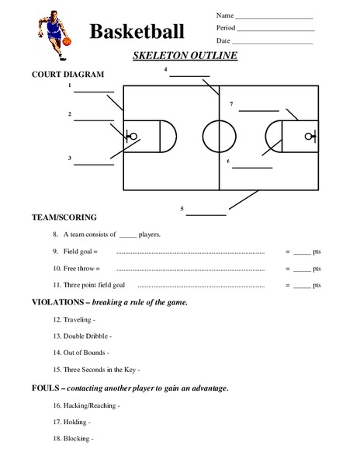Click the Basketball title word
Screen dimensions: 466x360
(137, 32)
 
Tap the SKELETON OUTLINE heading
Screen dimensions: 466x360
(180, 57)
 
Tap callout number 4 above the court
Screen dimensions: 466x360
(166, 70)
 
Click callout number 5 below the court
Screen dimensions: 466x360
(182, 208)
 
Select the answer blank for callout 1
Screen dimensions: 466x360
(93, 92)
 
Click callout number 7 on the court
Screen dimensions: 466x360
(230, 103)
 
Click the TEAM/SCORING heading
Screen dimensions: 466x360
(64, 217)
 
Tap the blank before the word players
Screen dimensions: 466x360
(128, 235)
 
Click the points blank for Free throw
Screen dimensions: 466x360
(303, 269)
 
